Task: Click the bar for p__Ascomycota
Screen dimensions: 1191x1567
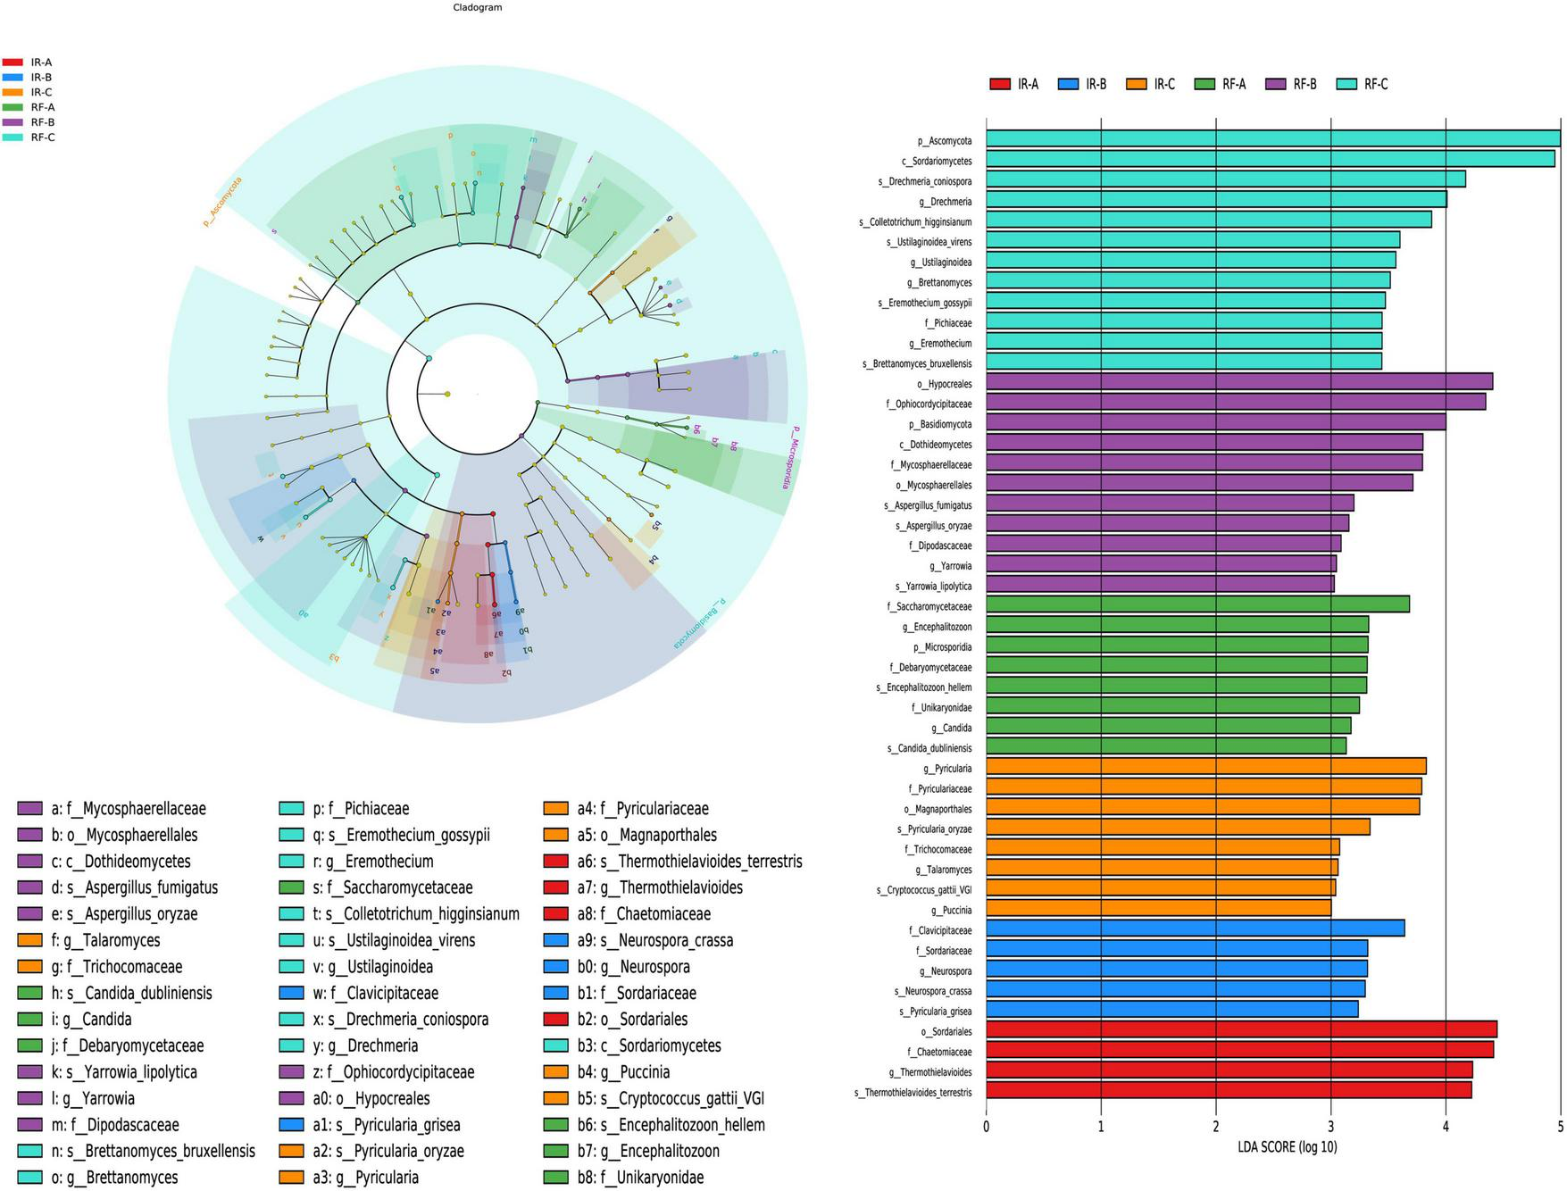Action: [1272, 139]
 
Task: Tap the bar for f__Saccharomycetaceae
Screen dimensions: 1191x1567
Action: [1197, 605]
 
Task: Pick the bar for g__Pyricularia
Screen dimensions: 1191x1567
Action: [1205, 767]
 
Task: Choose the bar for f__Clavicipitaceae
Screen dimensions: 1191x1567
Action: [1195, 929]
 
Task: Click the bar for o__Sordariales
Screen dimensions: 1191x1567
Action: [1241, 1030]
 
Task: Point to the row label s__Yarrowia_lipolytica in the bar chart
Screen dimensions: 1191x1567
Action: [933, 587]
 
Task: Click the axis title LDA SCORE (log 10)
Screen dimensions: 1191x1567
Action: [1287, 1147]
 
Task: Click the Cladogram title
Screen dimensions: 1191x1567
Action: [478, 7]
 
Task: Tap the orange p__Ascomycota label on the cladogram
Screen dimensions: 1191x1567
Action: [222, 202]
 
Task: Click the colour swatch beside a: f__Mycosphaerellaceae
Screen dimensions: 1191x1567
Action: [29, 809]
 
